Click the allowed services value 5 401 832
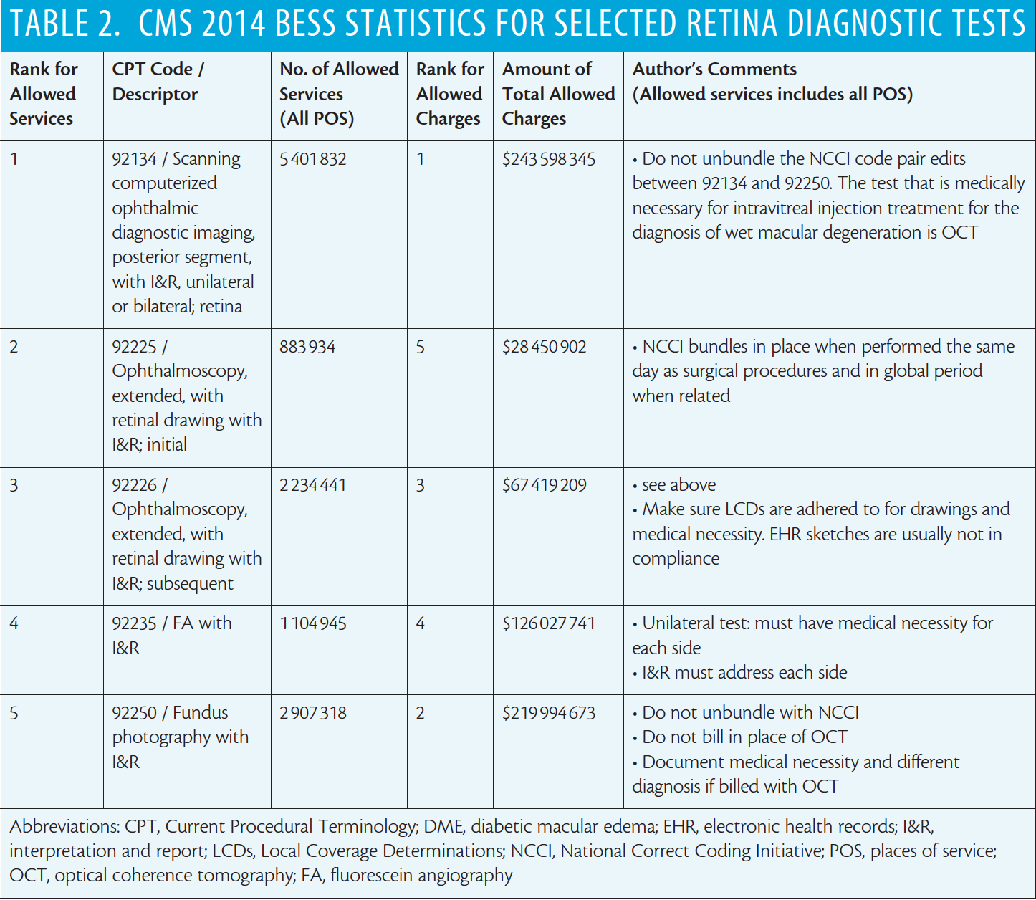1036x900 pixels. click(313, 159)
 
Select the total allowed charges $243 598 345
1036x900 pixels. click(549, 159)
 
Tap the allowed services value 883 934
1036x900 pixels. click(307, 347)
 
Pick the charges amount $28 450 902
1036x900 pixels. click(545, 347)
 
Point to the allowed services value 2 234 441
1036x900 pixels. click(313, 485)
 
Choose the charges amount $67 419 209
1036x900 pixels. click(545, 485)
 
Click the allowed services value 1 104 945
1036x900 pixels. click(313, 623)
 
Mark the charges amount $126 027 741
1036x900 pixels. click(549, 623)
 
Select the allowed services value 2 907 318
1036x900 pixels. click(313, 713)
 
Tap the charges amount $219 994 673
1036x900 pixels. click(549, 713)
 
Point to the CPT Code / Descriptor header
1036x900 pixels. click(158, 81)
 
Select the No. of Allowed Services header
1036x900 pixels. click(340, 94)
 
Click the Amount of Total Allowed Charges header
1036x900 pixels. click(559, 94)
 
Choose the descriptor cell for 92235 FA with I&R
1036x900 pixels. click(172, 636)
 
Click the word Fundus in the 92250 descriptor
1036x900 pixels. click(200, 712)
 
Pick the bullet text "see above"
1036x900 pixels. click(678, 485)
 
